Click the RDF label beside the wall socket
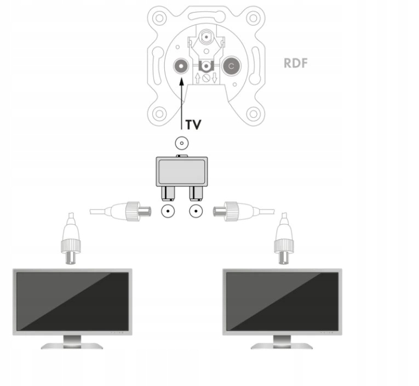coord(295,63)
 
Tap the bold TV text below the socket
coord(192,124)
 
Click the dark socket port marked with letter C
coord(231,67)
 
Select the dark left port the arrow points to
coord(181,67)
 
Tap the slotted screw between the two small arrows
coord(206,78)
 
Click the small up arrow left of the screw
coord(197,78)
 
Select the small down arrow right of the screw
coord(215,78)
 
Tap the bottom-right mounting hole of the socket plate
coord(252,114)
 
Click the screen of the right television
coord(282,301)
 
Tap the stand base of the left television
coord(72,345)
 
